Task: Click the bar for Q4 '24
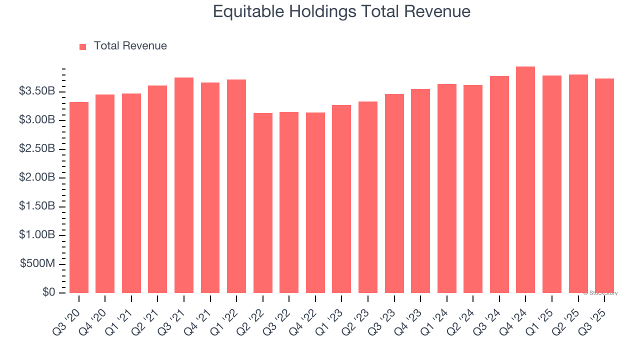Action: (x=525, y=180)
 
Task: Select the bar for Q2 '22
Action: (x=263, y=203)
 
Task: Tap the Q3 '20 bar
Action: (x=79, y=197)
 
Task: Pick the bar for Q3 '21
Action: (x=184, y=185)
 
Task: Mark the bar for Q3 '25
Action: (x=604, y=185)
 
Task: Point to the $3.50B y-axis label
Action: (x=37, y=91)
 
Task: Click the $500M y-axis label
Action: (x=38, y=264)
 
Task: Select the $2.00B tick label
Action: (x=37, y=178)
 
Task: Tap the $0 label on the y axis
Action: (x=49, y=292)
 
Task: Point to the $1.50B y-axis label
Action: (x=37, y=206)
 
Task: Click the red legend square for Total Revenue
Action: (x=83, y=46)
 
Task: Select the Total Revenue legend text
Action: (x=130, y=46)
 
